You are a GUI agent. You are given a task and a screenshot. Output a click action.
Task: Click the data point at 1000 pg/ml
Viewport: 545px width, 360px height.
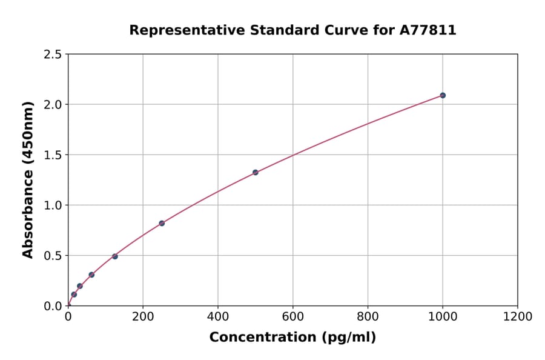443,95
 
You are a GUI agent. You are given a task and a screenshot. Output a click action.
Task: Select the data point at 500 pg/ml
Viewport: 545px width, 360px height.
256,172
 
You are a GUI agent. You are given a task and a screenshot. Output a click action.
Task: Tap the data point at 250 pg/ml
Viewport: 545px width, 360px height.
162,223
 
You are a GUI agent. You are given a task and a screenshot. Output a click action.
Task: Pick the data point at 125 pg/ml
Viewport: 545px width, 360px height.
115,256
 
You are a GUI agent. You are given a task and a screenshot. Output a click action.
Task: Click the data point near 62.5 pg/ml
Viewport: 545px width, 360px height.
91,275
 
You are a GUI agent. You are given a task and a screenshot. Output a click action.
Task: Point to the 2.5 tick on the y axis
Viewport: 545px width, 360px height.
53,55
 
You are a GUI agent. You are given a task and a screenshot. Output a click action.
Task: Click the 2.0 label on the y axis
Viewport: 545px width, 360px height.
53,105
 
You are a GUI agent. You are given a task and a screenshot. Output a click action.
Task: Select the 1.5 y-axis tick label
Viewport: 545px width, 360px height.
53,155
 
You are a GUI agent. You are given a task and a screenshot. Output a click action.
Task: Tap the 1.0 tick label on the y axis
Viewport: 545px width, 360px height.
53,205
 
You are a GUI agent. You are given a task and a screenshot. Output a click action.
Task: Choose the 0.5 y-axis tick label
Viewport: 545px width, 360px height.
53,256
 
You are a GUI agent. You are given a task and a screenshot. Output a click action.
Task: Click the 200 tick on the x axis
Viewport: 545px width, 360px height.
143,316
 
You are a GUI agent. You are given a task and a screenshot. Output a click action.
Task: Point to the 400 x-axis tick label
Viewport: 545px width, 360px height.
218,316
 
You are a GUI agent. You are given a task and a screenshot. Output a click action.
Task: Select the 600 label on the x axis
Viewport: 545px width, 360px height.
293,316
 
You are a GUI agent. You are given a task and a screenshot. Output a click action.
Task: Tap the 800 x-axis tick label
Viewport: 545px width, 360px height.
368,316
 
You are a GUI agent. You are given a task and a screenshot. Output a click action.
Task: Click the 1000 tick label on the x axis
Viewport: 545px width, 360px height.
443,316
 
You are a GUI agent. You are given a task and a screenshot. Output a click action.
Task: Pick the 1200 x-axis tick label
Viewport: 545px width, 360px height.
518,316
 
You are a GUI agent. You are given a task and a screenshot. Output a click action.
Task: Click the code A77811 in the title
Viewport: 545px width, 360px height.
428,30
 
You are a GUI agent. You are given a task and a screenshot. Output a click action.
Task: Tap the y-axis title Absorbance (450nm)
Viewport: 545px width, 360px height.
28,179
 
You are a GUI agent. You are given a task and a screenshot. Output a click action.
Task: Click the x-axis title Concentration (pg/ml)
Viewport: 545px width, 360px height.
292,338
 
